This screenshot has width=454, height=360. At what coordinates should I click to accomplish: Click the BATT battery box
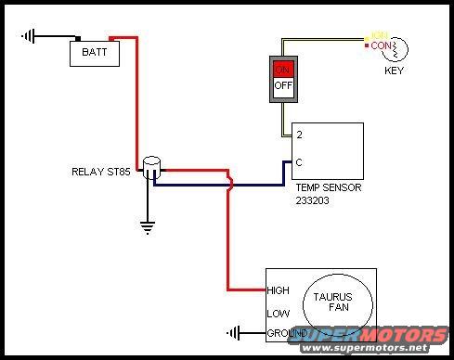(94, 53)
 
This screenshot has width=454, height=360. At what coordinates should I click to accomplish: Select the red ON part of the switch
(283, 69)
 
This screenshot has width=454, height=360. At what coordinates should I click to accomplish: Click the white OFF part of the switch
(283, 86)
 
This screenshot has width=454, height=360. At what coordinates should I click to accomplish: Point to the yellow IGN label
(379, 35)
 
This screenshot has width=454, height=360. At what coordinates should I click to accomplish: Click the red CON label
(379, 45)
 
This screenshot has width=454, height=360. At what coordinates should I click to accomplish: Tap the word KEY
(396, 69)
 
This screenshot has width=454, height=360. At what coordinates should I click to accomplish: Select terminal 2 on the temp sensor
(299, 135)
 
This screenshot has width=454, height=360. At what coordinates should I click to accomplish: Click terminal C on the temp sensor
(299, 161)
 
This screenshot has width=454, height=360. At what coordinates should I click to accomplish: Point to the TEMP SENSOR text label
(328, 186)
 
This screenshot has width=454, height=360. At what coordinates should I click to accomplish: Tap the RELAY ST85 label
(102, 172)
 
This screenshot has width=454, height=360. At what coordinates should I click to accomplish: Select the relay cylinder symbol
(152, 168)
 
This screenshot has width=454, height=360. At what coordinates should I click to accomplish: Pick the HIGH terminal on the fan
(279, 290)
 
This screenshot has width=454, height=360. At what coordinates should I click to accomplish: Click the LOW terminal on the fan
(278, 313)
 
